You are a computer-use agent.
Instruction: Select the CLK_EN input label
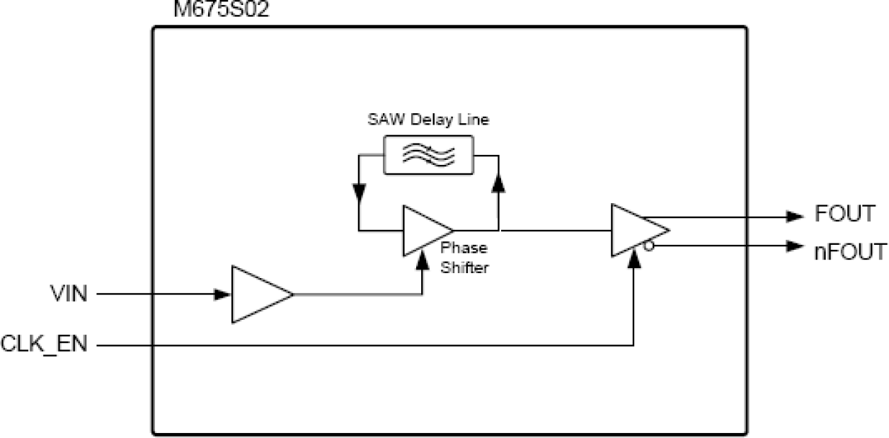click(44, 346)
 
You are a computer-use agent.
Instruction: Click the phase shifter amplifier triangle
click(425, 231)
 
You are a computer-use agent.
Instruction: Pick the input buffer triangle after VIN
click(258, 294)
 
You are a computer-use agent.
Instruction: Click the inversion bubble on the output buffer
click(647, 246)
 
